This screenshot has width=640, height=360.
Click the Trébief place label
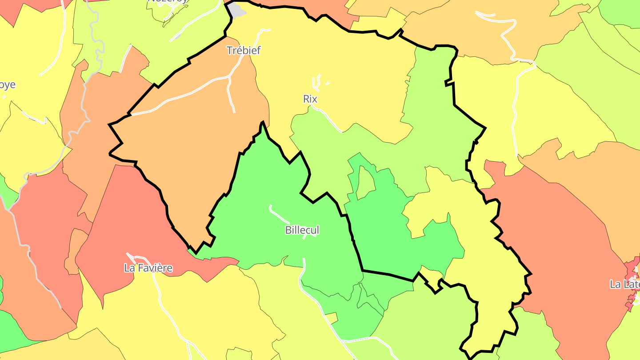point(243,50)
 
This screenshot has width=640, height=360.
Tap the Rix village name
point(310,99)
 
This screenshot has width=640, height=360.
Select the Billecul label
point(302,230)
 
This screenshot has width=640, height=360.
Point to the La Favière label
point(148,268)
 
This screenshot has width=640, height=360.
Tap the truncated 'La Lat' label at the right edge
point(624,284)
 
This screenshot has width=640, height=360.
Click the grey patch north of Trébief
point(237,10)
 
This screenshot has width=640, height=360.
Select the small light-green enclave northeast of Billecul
point(365,182)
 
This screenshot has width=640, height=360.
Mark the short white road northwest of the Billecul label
point(279,215)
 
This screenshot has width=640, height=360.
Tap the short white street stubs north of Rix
point(317,82)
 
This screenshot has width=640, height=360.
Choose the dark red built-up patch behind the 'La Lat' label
point(632,269)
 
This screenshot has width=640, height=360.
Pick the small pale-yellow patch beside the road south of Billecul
point(331,318)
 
